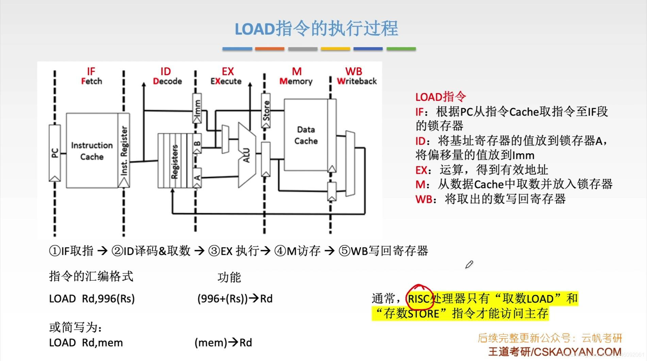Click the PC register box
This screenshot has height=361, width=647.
(x=55, y=153)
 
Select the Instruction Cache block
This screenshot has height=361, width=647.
(x=92, y=151)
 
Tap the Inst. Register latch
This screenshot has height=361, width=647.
(x=124, y=151)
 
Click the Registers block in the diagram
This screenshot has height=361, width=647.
(x=174, y=161)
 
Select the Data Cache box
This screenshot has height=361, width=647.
(x=306, y=135)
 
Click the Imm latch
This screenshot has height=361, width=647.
(x=197, y=108)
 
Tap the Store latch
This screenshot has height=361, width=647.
(x=266, y=111)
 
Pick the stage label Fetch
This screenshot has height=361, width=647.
(x=92, y=81)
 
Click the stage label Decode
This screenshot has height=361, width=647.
(x=167, y=81)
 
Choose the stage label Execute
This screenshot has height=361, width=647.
(x=226, y=81)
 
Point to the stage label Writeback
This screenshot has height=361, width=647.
(x=356, y=81)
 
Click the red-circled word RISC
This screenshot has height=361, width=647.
(x=419, y=299)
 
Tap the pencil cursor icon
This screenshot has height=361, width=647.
(x=469, y=264)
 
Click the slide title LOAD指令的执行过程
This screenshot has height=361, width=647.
(x=316, y=29)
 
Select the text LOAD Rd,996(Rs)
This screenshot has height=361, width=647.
(x=92, y=299)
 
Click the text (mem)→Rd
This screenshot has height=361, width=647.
(x=223, y=343)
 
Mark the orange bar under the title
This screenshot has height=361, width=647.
(x=269, y=49)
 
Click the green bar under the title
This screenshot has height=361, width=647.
(x=401, y=49)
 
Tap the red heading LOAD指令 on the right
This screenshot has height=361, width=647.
(x=440, y=97)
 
